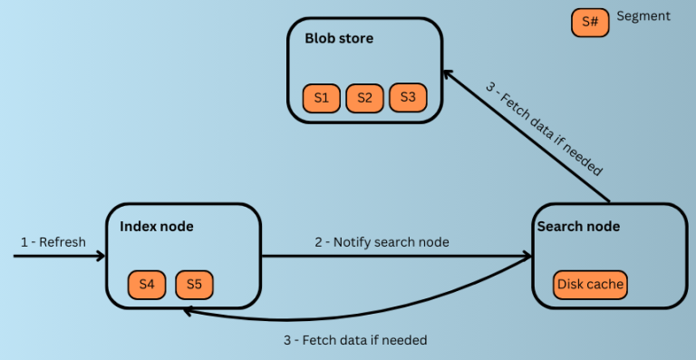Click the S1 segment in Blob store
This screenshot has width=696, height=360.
coord(321,97)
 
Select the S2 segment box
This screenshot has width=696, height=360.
coord(364,97)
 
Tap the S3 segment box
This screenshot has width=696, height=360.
coord(408,97)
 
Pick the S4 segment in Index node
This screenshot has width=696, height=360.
coord(147,285)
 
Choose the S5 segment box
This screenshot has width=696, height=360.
coord(194,285)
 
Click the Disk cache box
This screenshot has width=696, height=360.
coord(590,285)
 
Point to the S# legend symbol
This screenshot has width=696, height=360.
coord(590,23)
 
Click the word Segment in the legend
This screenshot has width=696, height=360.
coord(643,16)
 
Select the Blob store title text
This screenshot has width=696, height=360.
coord(338,39)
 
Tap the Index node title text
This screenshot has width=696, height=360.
coord(157,225)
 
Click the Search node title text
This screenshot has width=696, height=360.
coord(578,226)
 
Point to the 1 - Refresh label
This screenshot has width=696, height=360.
coord(53,242)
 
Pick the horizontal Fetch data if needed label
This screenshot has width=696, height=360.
coord(355,340)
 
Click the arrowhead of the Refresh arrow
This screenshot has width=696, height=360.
coord(101,257)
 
